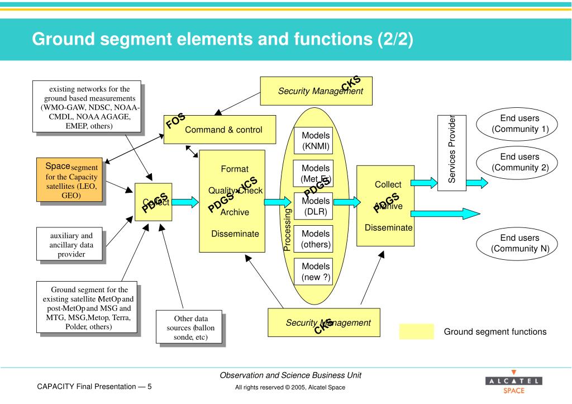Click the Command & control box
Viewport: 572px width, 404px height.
click(x=223, y=130)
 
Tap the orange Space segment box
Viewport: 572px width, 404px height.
click(x=68, y=180)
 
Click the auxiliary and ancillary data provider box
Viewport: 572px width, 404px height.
click(x=70, y=244)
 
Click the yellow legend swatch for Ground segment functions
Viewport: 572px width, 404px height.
click(x=416, y=331)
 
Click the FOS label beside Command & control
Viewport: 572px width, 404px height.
click(x=175, y=120)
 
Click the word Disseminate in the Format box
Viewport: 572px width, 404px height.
click(x=235, y=234)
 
